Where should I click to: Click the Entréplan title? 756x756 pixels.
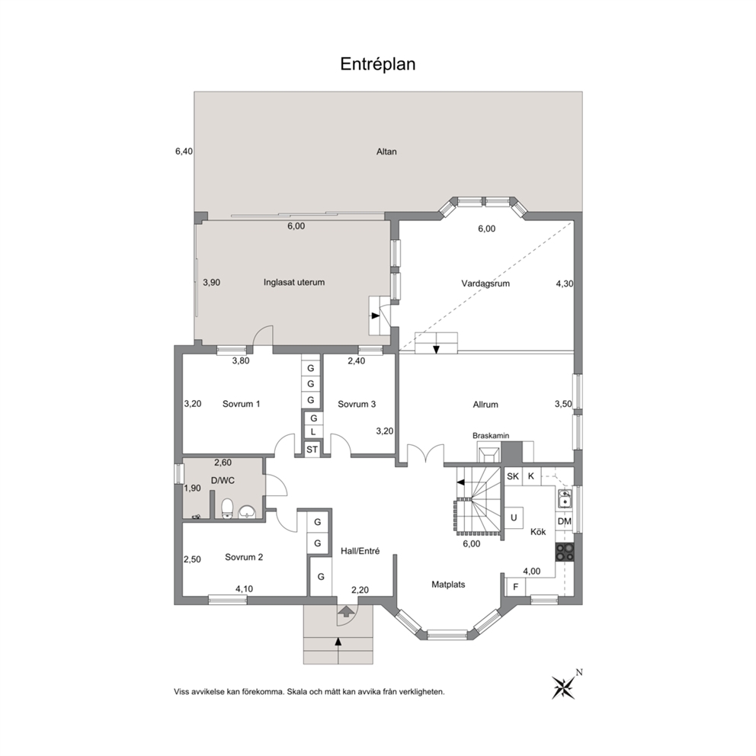click(377, 64)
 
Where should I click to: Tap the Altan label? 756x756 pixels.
click(386, 152)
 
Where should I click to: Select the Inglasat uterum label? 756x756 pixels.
click(294, 283)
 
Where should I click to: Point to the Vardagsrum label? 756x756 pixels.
click(485, 283)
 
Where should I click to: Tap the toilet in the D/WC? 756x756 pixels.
click(227, 509)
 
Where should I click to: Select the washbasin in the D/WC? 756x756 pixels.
click(247, 511)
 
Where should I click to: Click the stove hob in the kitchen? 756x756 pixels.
click(565, 552)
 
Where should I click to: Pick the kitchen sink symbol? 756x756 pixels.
click(565, 499)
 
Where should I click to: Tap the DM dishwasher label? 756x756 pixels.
click(565, 521)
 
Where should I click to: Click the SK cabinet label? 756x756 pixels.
click(513, 476)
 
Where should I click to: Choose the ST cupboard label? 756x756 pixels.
click(312, 450)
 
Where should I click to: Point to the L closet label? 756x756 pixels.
click(313, 432)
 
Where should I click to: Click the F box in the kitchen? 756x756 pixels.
click(515, 587)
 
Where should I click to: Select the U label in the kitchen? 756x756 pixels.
click(514, 517)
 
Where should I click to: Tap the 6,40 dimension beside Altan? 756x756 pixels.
click(184, 152)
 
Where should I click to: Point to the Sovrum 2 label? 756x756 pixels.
click(244, 557)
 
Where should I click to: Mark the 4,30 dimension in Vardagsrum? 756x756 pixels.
click(565, 284)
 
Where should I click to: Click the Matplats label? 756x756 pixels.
click(448, 585)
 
